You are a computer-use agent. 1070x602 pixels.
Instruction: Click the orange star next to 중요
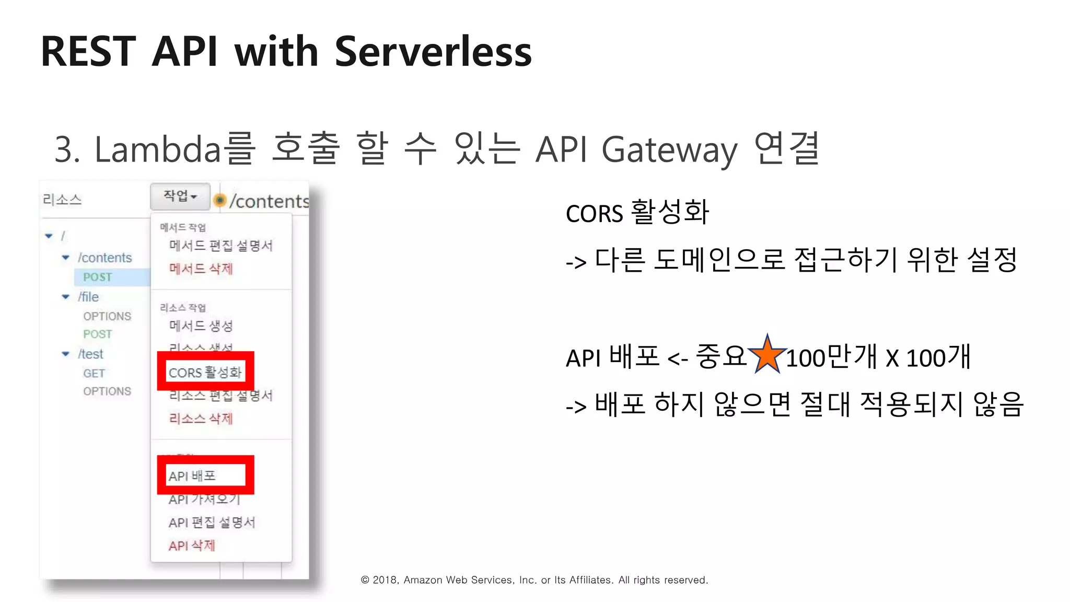click(767, 355)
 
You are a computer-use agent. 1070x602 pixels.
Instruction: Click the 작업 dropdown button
click(180, 196)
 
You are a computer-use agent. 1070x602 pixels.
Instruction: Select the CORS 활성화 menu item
click(205, 372)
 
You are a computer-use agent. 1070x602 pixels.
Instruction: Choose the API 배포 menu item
click(192, 476)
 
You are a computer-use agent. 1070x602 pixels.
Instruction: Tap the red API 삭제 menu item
click(192, 546)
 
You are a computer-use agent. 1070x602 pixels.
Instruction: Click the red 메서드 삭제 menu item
click(201, 269)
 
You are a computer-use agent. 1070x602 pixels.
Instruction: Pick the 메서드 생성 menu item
click(201, 326)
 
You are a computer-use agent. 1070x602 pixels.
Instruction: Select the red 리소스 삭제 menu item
click(201, 418)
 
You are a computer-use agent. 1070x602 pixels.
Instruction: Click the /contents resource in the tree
click(104, 258)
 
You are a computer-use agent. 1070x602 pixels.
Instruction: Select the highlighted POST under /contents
click(98, 277)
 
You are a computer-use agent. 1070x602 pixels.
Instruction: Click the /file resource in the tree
click(88, 297)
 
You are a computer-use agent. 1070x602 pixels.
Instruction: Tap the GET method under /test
click(94, 373)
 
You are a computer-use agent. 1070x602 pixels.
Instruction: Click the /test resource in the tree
click(90, 354)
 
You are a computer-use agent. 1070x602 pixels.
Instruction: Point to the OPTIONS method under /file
click(107, 316)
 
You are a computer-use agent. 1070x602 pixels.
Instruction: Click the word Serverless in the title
click(433, 52)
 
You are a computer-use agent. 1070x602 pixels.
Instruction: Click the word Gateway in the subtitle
click(669, 150)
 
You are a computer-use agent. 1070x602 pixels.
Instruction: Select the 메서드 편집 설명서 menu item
click(220, 246)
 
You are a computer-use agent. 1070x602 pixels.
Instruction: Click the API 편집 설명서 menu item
click(212, 522)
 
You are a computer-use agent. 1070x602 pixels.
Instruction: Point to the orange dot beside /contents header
click(220, 200)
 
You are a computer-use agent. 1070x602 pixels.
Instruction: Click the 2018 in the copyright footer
click(385, 580)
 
